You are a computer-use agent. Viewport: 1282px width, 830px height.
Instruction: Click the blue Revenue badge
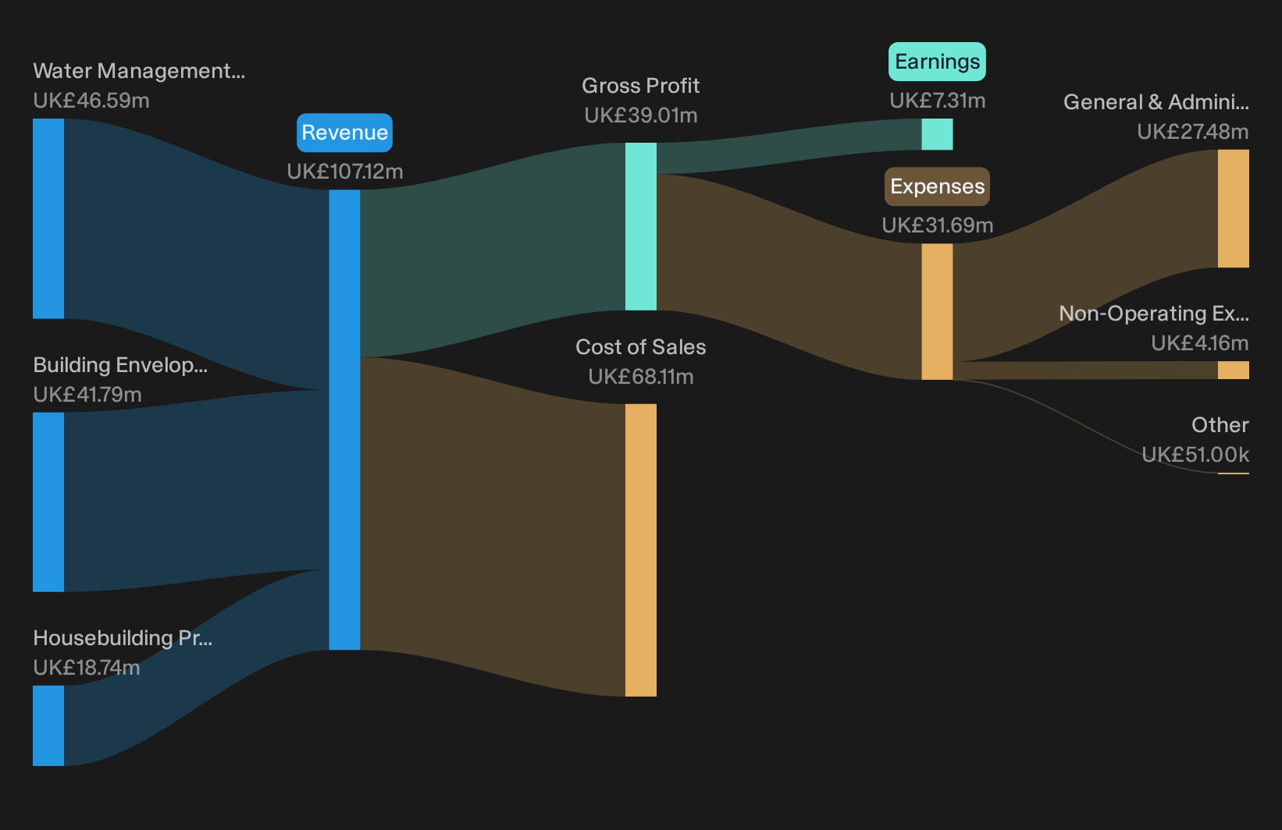(x=344, y=133)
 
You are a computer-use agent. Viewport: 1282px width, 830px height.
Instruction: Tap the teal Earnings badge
(x=937, y=62)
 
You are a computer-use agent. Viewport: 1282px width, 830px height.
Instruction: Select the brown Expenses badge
(x=937, y=186)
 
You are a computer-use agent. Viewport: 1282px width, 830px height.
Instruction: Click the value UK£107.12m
(x=345, y=172)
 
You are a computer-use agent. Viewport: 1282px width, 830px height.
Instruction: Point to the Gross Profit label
(x=640, y=86)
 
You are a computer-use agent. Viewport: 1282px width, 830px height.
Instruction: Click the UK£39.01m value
(x=640, y=115)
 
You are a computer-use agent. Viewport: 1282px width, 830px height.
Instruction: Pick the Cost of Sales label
(x=640, y=347)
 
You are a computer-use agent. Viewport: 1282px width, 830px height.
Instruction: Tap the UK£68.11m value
(x=640, y=377)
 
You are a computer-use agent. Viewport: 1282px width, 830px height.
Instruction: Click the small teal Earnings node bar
(x=937, y=134)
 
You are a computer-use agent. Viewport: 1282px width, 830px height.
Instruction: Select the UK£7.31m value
(x=937, y=101)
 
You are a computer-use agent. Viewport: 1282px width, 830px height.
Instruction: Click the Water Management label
(x=139, y=71)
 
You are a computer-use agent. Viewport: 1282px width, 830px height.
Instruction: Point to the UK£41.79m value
(x=87, y=395)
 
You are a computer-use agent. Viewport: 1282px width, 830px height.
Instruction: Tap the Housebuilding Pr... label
(x=123, y=638)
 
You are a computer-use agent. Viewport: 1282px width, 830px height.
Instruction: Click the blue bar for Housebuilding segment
(x=48, y=725)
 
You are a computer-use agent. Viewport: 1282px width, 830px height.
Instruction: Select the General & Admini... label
(x=1156, y=102)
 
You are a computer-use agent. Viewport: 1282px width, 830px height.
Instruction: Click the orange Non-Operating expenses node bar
(x=1234, y=370)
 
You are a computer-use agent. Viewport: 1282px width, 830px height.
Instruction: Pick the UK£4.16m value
(x=1199, y=343)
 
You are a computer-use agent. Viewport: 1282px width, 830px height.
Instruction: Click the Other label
(x=1220, y=425)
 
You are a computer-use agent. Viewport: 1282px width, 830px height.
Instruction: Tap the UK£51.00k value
(x=1195, y=455)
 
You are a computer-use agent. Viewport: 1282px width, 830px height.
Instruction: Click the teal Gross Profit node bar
(x=640, y=226)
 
